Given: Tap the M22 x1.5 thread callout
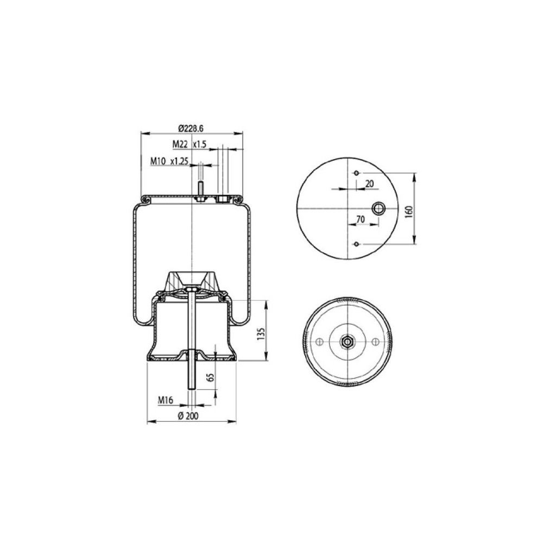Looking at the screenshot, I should point(190,144).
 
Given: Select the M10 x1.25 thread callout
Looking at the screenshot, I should point(169,161).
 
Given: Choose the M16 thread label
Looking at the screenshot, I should point(166,400).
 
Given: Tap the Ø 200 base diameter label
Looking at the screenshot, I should point(188,415).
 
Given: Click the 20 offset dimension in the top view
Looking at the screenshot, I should point(369,184).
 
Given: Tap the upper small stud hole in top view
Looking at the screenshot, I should point(356,173).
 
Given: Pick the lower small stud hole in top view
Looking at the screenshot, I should point(356,244).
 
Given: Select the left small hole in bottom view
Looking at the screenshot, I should point(319,341).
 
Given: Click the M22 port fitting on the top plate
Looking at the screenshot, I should point(222,200).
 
